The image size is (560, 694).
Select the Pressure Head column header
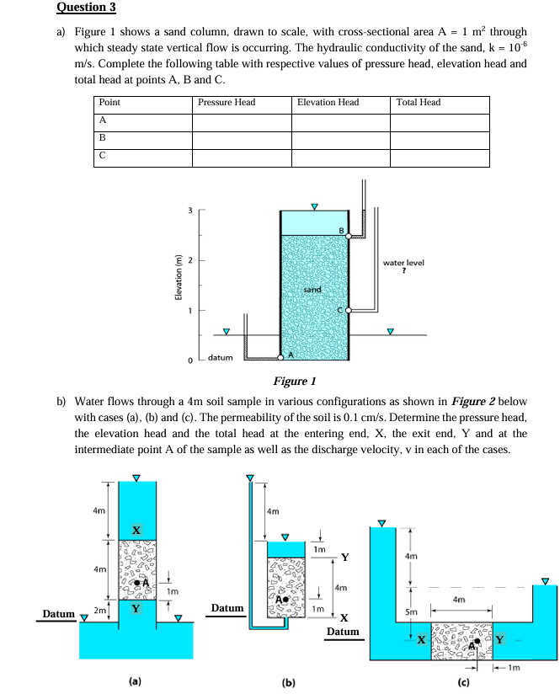(227, 103)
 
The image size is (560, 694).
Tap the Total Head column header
(418, 103)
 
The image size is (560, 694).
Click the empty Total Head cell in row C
(439, 158)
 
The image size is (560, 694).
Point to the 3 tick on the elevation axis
(190, 211)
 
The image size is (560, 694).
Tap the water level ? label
(403, 265)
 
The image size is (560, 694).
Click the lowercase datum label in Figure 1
(221, 359)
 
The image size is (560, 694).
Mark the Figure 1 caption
(295, 381)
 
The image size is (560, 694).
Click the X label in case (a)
(136, 530)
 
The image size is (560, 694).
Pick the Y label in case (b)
(345, 558)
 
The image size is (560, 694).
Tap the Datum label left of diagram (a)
(59, 615)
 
